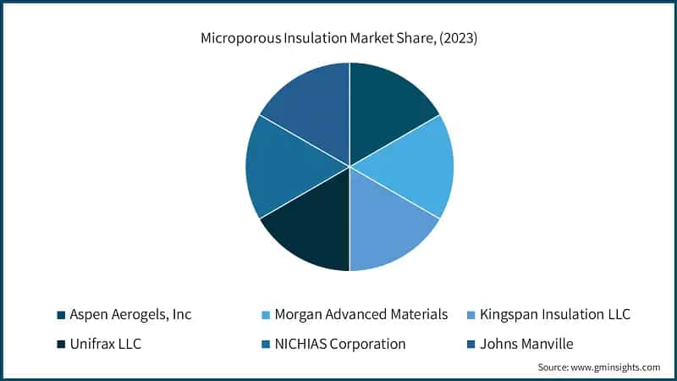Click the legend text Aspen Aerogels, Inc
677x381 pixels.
[130, 315]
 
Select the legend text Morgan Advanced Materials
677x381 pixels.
[361, 315]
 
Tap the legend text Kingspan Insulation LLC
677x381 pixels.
[555, 315]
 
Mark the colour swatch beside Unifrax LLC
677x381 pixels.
[61, 345]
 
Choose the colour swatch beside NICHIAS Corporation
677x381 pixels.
[267, 345]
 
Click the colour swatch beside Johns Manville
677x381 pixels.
[471, 345]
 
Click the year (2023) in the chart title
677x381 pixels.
[459, 38]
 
